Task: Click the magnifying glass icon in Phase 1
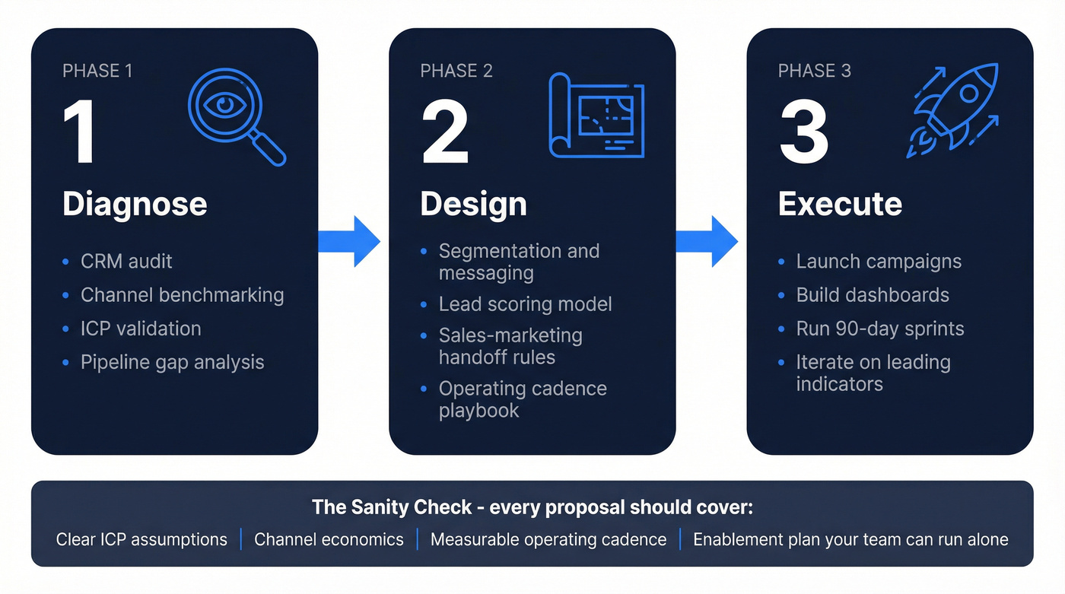pos(236,113)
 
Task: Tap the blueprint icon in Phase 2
pos(596,116)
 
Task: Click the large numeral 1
pos(79,133)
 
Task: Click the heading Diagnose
pos(135,204)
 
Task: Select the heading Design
pos(473,204)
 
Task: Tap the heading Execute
pos(840,204)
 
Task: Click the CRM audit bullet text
pos(126,262)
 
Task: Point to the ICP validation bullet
pos(141,329)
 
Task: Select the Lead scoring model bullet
pos(525,304)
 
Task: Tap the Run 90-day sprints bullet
pos(880,329)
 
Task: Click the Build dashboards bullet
pos(873,295)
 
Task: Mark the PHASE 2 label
pos(456,71)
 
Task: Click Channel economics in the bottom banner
pos(329,540)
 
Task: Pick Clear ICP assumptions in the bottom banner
pos(141,540)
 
